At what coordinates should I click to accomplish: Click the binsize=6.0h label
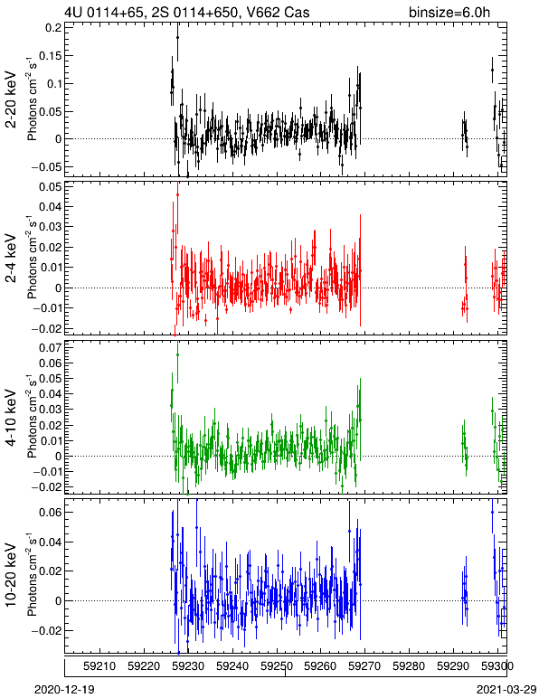coord(449,12)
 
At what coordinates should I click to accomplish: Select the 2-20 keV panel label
coord(11,99)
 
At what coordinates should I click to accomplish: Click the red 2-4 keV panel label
coord(11,259)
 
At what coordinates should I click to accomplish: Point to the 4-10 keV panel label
coord(11,418)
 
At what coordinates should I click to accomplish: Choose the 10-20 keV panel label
coord(11,575)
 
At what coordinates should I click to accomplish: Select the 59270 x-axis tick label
coord(364,666)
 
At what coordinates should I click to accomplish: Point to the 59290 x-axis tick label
coord(453,666)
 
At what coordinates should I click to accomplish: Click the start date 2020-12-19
coord(64,690)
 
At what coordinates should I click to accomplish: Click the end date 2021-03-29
coord(506,690)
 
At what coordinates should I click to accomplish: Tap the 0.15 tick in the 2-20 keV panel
coord(51,56)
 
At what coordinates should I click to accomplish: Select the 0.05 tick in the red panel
coord(51,186)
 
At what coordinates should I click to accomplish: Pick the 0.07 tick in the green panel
coord(51,348)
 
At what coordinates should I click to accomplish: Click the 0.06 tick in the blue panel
coord(51,513)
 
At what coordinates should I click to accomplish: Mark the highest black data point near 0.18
coord(177,38)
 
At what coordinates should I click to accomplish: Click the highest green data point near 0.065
coord(177,354)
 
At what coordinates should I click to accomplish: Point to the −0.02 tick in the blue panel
coord(47,631)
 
